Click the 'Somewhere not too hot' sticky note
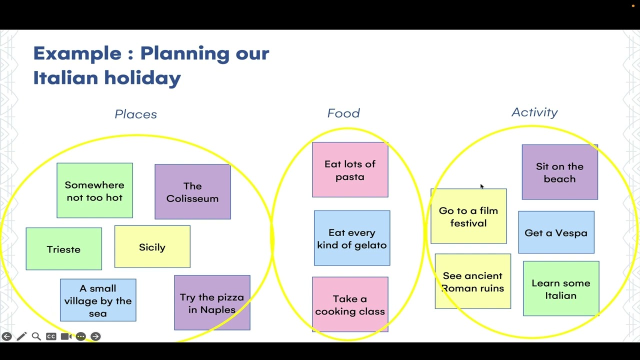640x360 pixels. [x=94, y=190]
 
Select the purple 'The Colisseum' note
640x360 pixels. [x=192, y=192]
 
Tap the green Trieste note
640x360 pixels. [x=63, y=249]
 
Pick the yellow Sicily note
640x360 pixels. [x=152, y=247]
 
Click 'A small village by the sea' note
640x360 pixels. [x=98, y=300]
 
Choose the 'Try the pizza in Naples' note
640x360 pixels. [x=212, y=303]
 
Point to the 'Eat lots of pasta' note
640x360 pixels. [x=350, y=170]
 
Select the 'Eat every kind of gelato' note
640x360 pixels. [x=352, y=238]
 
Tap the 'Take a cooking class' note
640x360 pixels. [x=350, y=304]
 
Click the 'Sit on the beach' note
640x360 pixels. [x=559, y=172]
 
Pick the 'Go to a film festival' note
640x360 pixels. [x=468, y=216]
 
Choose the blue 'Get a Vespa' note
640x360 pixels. [x=556, y=232]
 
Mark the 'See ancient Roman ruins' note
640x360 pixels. [x=472, y=281]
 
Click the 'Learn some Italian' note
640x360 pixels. [x=561, y=289]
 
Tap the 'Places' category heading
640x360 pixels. [x=135, y=114]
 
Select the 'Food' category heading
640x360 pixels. [x=343, y=113]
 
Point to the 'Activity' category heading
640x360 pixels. [x=534, y=112]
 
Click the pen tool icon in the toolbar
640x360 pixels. [x=21, y=336]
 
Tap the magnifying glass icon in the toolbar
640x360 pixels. [x=36, y=336]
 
